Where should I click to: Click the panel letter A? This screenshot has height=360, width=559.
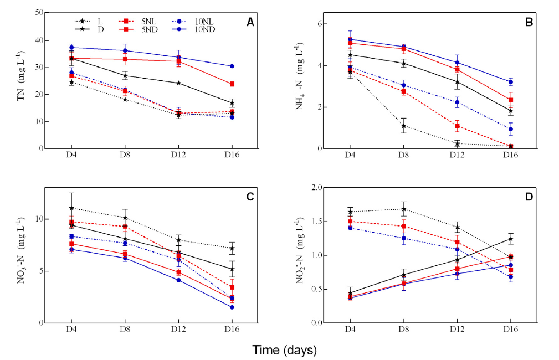250,23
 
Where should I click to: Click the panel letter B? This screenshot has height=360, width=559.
529,23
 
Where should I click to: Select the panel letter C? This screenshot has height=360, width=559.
250,197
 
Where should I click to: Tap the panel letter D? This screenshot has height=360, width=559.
529,197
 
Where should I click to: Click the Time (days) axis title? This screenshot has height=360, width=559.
284,350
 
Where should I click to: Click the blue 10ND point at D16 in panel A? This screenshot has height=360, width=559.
232,66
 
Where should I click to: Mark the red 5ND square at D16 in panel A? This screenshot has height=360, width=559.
232,84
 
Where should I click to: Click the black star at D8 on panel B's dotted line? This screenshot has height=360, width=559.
403,126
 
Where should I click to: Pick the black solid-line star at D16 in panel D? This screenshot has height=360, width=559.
510,239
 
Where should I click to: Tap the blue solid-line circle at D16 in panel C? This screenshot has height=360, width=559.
232,307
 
